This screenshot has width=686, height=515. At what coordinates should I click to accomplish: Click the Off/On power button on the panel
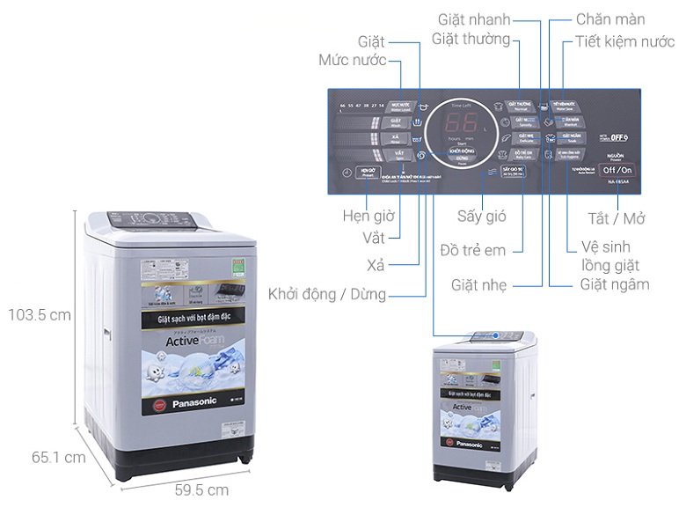[617, 170]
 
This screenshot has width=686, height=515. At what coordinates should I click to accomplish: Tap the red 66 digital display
[461, 121]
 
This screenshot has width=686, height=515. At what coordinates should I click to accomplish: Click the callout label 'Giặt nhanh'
[475, 19]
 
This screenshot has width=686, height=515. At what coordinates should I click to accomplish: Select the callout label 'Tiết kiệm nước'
[624, 40]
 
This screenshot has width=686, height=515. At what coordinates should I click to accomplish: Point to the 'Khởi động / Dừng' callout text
[327, 294]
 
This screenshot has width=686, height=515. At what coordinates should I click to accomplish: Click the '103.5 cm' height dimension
[36, 314]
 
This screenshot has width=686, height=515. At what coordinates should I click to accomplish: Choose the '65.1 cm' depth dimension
[59, 457]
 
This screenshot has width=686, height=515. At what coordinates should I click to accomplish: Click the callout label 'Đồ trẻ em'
[473, 250]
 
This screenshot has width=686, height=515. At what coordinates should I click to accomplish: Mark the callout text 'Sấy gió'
[481, 217]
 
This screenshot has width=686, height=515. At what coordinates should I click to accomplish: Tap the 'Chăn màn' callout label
[610, 19]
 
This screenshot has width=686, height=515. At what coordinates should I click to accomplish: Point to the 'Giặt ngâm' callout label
[615, 284]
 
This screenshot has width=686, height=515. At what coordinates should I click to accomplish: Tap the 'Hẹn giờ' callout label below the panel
[369, 216]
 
